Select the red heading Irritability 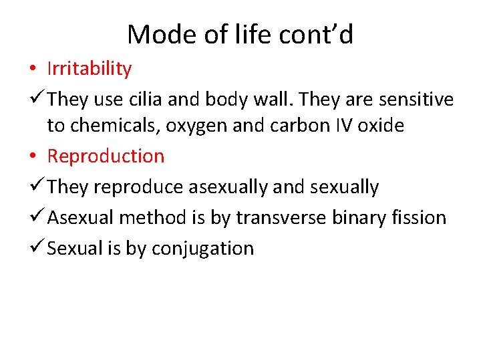[x=90, y=68]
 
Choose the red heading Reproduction [x=106, y=156]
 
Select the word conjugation [x=203, y=249]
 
